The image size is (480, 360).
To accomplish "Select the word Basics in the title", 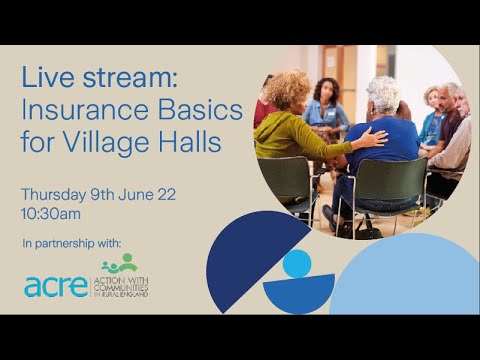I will (201, 111).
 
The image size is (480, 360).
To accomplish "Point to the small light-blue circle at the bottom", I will (297, 264).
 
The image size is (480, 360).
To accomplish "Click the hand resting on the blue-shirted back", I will (372, 137).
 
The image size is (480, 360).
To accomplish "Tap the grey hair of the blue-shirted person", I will (382, 95).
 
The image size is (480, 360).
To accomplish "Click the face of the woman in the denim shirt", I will (327, 91).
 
